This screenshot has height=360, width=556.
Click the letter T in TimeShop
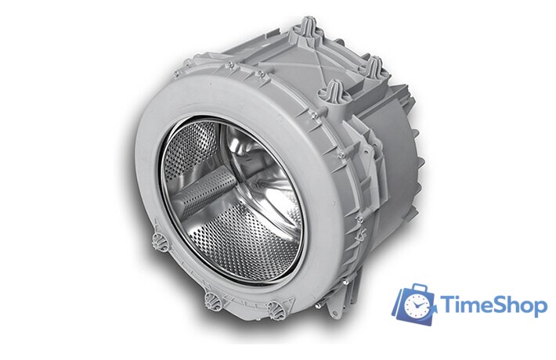point(449,305)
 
